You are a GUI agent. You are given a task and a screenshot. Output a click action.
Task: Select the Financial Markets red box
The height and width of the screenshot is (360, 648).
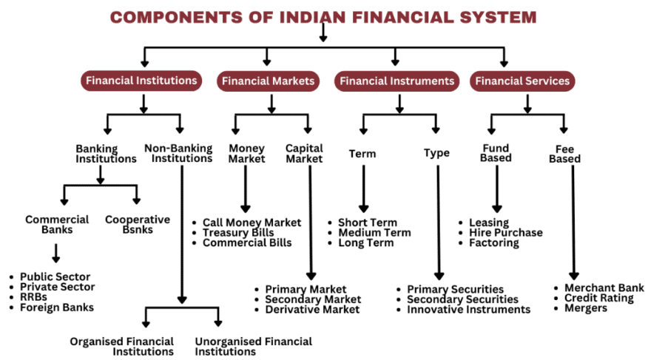pyautogui.click(x=269, y=81)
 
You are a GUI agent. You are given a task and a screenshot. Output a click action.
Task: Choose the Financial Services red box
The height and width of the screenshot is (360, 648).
pyautogui.click(x=522, y=81)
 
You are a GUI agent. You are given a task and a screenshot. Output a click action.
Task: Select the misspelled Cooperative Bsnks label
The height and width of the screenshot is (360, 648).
pyautogui.click(x=137, y=224)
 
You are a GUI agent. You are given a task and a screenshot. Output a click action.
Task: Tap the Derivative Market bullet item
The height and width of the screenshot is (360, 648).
pyautogui.click(x=312, y=310)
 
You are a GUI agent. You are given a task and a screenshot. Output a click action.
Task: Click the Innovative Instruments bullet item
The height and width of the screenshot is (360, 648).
pyautogui.click(x=468, y=310)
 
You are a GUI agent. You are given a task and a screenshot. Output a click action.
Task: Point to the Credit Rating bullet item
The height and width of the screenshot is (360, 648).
pyautogui.click(x=598, y=298)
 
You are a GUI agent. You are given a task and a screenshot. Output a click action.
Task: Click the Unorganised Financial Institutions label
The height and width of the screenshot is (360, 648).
pyautogui.click(x=253, y=346)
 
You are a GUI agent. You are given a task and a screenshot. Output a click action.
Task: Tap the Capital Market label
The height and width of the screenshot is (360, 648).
pyautogui.click(x=304, y=153)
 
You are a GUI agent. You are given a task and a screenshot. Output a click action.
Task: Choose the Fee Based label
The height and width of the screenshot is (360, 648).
pyautogui.click(x=564, y=154)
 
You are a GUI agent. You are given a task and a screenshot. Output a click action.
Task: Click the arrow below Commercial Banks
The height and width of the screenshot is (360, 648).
pyautogui.click(x=56, y=254)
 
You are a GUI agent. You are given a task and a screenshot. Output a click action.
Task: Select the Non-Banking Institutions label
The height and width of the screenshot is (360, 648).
pyautogui.click(x=178, y=153)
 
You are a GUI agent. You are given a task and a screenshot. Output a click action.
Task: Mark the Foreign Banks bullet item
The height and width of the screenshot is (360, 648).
pyautogui.click(x=57, y=308)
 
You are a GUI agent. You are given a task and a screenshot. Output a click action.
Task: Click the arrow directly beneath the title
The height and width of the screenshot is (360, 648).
pyautogui.click(x=323, y=33)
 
